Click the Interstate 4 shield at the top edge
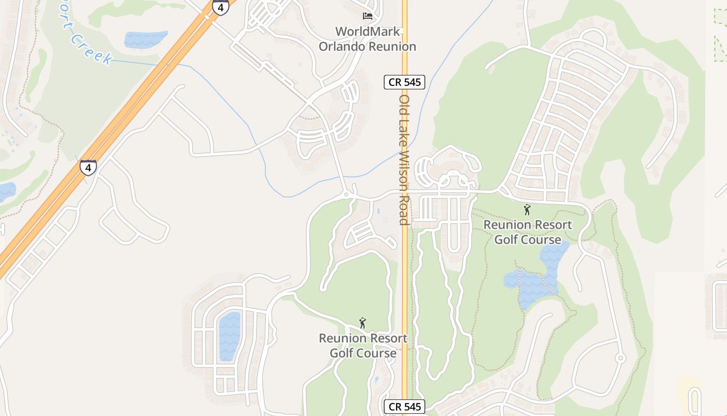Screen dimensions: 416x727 [220, 7]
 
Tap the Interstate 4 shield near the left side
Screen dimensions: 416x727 [88, 167]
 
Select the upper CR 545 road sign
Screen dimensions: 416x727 [405, 82]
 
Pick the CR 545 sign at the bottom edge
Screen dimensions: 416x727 [405, 407]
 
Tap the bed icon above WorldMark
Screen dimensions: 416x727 [368, 16]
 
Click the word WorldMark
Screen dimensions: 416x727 [368, 32]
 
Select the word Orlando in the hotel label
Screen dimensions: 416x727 [342, 46]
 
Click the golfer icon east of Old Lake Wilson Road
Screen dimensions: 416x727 [528, 210]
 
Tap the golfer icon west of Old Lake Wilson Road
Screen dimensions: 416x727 [362, 323]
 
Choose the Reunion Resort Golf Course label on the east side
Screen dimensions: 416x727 [528, 232]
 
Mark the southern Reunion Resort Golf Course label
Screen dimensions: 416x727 [363, 346]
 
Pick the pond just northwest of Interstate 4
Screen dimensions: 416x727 [145, 40]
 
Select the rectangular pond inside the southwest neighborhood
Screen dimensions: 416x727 [230, 335]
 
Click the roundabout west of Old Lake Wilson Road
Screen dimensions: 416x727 [346, 195]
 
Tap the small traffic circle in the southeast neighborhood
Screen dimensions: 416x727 [620, 358]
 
